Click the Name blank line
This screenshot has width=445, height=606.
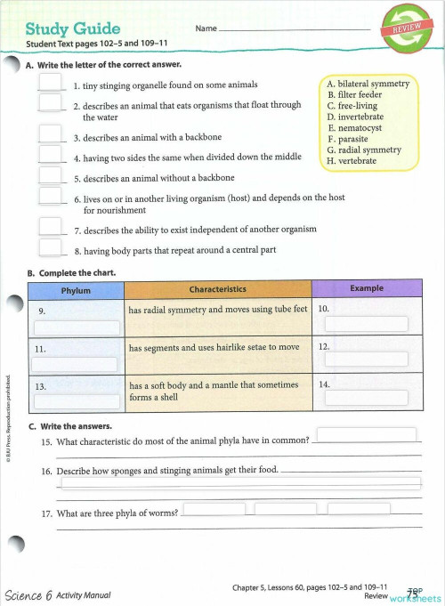[x=294, y=29]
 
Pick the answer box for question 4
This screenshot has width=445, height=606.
[x=50, y=155]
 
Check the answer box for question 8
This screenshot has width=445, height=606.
[x=50, y=247]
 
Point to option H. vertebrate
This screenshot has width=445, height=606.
[x=357, y=161]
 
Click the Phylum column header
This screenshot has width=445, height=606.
[x=76, y=290]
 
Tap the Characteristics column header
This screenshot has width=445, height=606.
[x=218, y=290]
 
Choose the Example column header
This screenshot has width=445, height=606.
[x=367, y=290]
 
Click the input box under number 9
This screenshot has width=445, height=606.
[x=76, y=327]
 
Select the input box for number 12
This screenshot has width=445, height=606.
[x=366, y=360]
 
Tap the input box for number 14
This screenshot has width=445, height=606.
[x=366, y=398]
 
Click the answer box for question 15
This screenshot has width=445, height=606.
[x=367, y=434]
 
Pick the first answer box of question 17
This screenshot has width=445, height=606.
[x=214, y=509]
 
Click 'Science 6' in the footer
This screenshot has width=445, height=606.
[x=28, y=594]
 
